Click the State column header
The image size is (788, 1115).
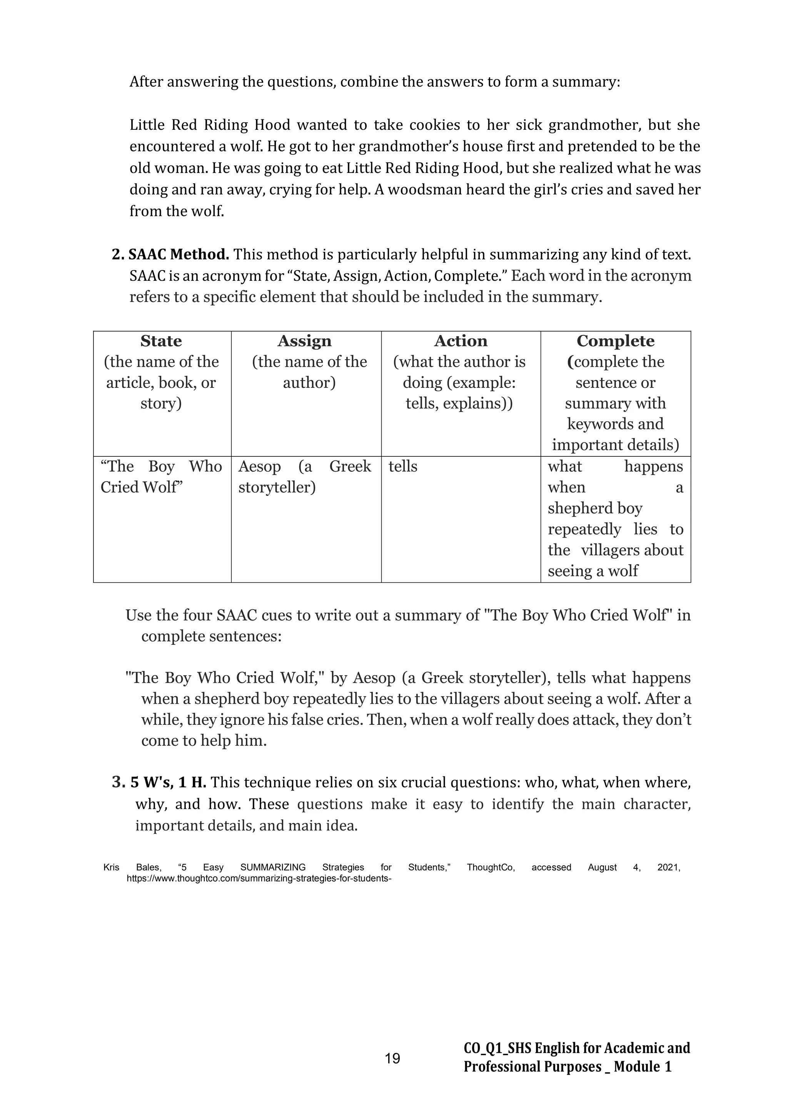point(161,341)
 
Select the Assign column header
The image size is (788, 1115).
point(305,341)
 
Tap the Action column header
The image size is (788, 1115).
point(461,341)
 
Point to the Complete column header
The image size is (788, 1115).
point(615,341)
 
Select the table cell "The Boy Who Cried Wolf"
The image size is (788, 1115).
point(161,477)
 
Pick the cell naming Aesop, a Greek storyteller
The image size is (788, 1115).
point(305,477)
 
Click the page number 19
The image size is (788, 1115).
point(392,1058)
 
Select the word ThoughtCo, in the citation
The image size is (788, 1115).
point(491,867)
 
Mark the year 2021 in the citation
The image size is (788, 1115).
point(669,867)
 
